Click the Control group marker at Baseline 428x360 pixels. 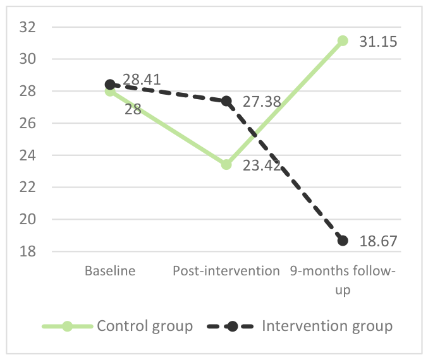[x=110, y=91]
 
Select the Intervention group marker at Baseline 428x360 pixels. [x=110, y=85]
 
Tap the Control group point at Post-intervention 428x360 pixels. [x=226, y=164]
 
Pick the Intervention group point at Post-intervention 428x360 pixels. [x=226, y=101]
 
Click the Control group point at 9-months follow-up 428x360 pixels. [x=343, y=40]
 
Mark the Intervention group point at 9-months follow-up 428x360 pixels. [x=343, y=241]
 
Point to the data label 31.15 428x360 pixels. [x=378, y=42]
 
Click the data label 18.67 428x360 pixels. [x=378, y=241]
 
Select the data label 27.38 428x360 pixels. [x=262, y=102]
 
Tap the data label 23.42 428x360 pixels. [x=262, y=165]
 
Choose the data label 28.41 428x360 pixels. [x=142, y=80]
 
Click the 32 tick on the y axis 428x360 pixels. [x=28, y=27]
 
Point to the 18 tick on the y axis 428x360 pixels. [x=28, y=251]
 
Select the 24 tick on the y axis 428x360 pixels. [x=28, y=155]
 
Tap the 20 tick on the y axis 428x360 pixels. [x=28, y=219]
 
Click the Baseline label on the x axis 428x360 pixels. [x=110, y=271]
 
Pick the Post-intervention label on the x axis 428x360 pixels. [x=226, y=271]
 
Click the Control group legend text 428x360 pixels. [x=145, y=326]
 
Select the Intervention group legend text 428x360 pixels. [x=327, y=326]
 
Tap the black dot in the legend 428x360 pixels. [x=232, y=326]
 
